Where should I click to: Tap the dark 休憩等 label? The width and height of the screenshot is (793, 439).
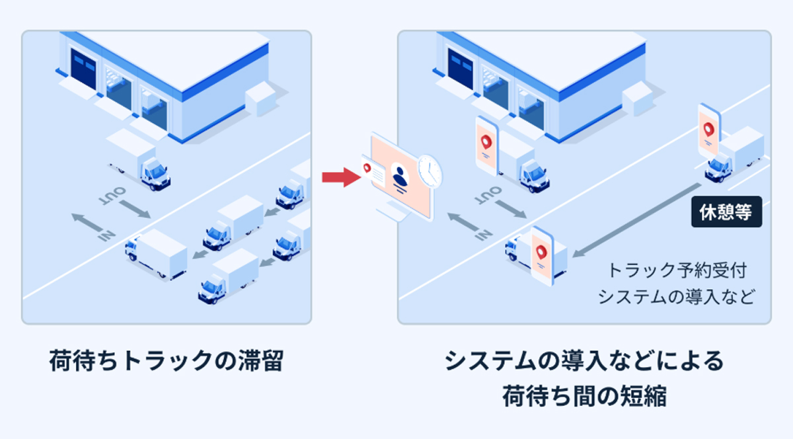[x=726, y=212]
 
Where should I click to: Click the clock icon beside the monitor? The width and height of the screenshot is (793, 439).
[x=429, y=171]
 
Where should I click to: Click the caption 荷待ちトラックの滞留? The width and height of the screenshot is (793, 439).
[x=165, y=362]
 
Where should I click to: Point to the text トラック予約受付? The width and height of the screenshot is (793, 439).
[x=680, y=270]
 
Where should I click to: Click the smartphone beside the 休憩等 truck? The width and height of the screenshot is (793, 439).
[x=709, y=130]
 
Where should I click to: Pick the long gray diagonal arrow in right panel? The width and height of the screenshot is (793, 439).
[x=638, y=219]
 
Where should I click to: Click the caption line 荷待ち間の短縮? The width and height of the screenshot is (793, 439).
[x=584, y=397]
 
